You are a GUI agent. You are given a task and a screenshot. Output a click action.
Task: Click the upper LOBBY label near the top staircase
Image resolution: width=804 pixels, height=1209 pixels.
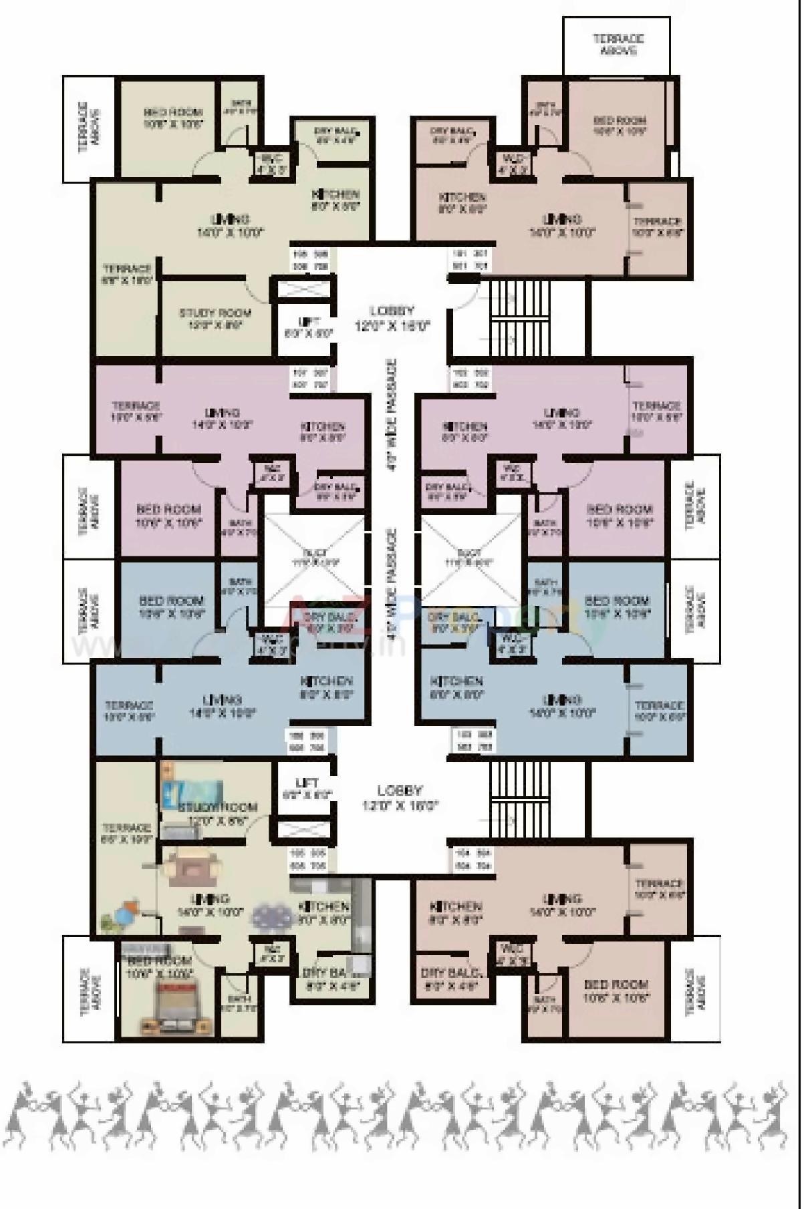click(392, 318)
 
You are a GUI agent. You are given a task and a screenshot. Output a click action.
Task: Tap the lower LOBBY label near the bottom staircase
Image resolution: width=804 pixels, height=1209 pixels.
click(399, 798)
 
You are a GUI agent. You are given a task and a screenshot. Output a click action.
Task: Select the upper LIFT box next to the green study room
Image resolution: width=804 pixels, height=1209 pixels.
click(307, 327)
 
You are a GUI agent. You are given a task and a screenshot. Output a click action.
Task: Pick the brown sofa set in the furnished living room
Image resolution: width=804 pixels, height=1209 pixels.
click(194, 868)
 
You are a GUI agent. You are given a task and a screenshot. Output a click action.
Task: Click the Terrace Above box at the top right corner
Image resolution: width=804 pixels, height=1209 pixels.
click(616, 45)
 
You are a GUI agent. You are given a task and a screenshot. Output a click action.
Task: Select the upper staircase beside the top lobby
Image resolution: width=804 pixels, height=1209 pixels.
click(520, 317)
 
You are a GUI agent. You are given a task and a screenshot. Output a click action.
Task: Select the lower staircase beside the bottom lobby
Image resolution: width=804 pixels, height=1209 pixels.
click(520, 799)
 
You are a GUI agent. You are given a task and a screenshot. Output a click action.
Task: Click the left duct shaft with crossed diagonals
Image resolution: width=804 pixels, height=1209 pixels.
click(315, 558)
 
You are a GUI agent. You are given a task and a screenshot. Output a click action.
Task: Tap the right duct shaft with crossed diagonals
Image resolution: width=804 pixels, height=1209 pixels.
click(470, 558)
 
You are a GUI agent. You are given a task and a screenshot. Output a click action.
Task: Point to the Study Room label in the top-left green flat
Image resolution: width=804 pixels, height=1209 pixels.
click(215, 319)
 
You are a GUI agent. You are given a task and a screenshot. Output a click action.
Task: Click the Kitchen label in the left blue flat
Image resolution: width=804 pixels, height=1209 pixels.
click(326, 687)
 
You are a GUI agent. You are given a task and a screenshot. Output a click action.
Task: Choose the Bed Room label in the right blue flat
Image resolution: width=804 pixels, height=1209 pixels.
click(616, 606)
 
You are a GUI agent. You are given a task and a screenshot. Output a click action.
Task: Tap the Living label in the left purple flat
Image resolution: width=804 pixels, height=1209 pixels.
click(223, 418)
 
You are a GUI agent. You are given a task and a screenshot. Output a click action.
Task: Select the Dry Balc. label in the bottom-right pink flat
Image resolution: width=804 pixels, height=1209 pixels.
click(452, 978)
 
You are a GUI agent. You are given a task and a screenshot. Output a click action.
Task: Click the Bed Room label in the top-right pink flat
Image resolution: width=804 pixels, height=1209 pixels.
click(620, 126)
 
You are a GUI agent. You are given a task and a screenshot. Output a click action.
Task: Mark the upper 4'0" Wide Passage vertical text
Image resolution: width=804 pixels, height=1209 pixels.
click(393, 415)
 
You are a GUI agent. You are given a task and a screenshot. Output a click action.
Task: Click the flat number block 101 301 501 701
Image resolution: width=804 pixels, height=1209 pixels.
click(470, 260)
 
